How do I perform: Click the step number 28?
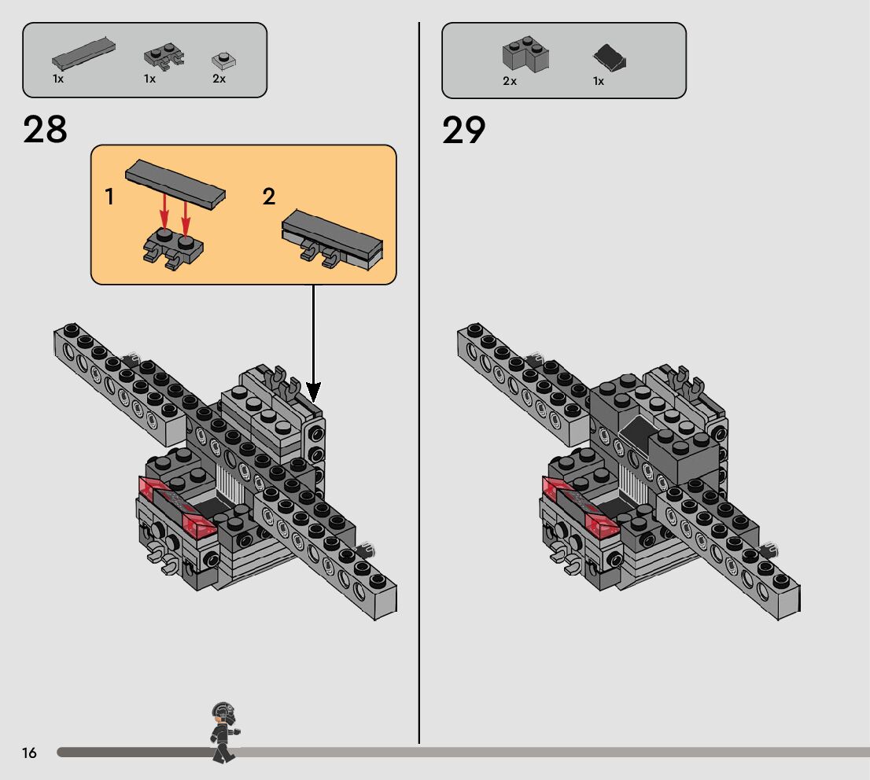click(46, 130)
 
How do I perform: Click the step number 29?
click(464, 130)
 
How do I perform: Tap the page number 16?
click(29, 753)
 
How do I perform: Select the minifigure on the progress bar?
click(223, 732)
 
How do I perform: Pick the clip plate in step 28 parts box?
click(163, 57)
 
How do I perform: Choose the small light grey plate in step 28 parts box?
click(223, 61)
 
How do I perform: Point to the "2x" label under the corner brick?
click(510, 81)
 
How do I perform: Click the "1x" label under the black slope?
click(599, 81)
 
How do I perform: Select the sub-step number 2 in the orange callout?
click(269, 197)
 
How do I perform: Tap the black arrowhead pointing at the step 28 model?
click(313, 390)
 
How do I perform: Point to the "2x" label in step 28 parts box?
click(219, 79)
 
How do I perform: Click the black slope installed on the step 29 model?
click(638, 432)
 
